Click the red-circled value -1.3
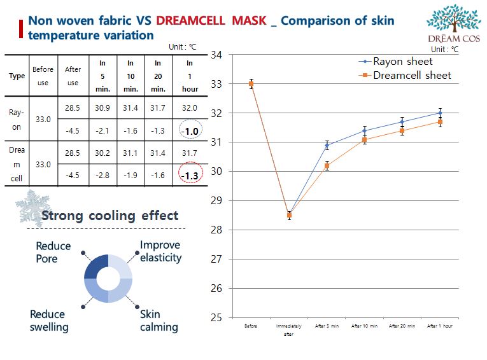tap(190, 176)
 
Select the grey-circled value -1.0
tap(190, 131)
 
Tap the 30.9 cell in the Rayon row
tap(102, 108)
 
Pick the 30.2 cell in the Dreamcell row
tap(102, 153)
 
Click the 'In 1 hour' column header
tap(190, 76)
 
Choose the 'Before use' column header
tap(43, 76)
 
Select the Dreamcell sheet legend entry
tap(411, 75)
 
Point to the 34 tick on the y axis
tap(216, 55)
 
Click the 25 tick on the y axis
tap(216, 317)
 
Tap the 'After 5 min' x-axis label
tap(327, 326)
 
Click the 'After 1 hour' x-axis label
tap(440, 326)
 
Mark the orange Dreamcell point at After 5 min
tap(327, 166)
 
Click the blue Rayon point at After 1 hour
tap(440, 113)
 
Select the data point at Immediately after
tap(289, 215)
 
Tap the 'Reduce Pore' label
tap(53, 253)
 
